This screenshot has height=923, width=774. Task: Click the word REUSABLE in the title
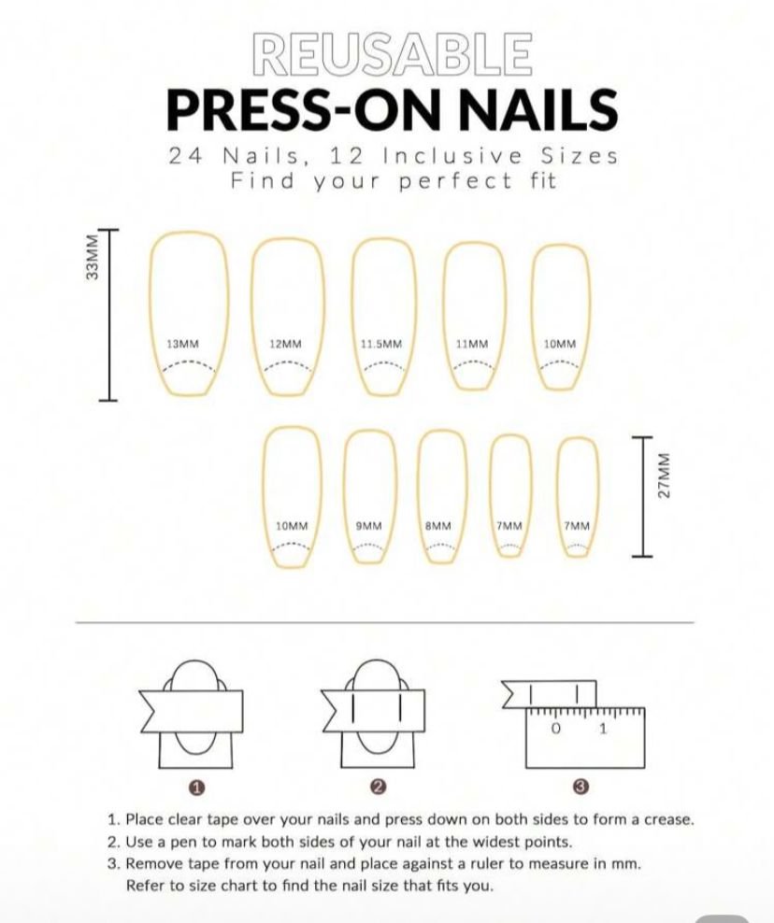tap(392, 55)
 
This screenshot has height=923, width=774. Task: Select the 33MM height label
tap(92, 257)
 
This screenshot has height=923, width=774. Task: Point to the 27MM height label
tap(664, 475)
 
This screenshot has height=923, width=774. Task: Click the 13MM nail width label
tap(182, 344)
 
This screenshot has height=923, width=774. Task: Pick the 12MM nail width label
tap(285, 344)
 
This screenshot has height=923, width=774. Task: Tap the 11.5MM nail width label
tap(381, 344)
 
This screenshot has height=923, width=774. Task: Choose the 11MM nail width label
tap(472, 344)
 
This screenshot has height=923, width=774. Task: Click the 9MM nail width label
tap(368, 526)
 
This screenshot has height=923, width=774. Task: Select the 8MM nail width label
tap(438, 526)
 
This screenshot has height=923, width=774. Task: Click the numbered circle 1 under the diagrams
tap(196, 787)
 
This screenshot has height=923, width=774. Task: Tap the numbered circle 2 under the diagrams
tap(379, 786)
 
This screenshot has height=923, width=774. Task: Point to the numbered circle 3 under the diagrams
tap(580, 786)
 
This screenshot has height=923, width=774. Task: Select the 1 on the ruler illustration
tap(602, 729)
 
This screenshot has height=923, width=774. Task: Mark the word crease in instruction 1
tap(668, 819)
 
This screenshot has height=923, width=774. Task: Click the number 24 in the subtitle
tap(186, 157)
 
